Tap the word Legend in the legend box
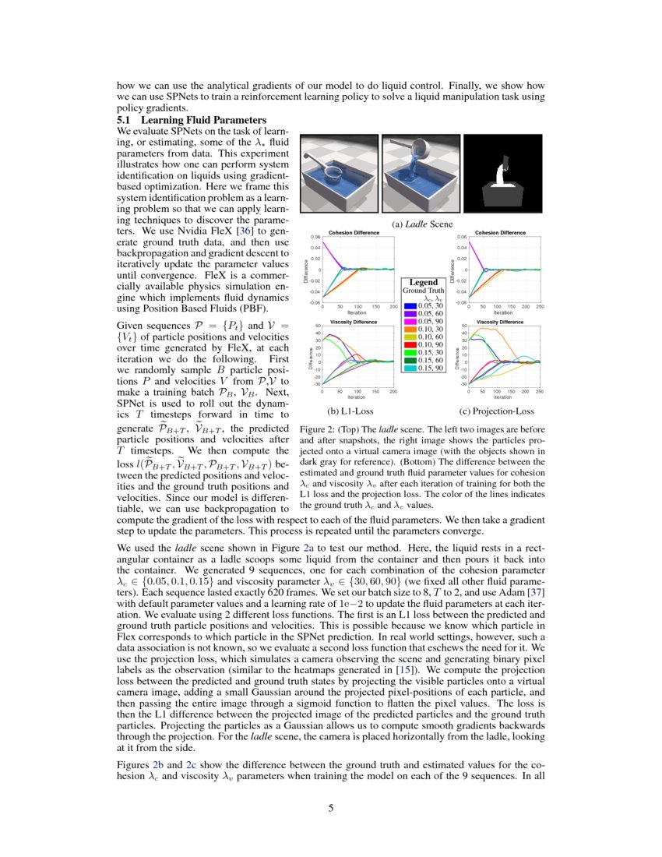coord(424,282)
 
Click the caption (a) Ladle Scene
coord(421,224)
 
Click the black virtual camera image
coord(502,174)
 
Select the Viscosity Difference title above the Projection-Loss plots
coord(498,321)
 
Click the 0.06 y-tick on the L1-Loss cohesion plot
coord(316,237)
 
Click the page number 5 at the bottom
coord(331,808)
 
